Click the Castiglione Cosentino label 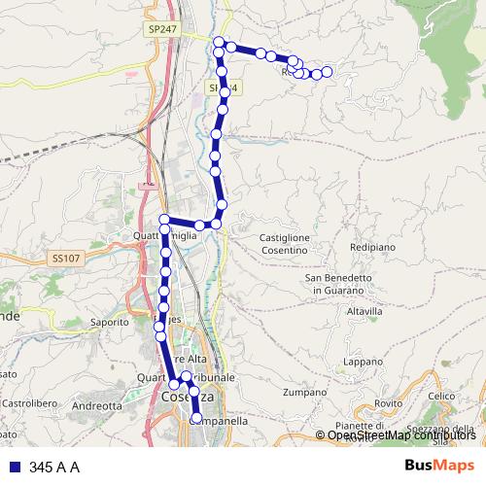click(285, 243)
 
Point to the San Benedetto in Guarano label click(339, 283)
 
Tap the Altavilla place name click(364, 311)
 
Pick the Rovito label click(388, 402)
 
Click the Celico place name click(442, 396)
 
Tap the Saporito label click(109, 322)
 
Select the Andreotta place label click(97, 405)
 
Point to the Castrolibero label click(32, 400)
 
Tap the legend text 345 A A click(54, 468)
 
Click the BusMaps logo click(439, 467)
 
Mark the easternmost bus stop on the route click(328, 71)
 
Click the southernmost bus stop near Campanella click(196, 419)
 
